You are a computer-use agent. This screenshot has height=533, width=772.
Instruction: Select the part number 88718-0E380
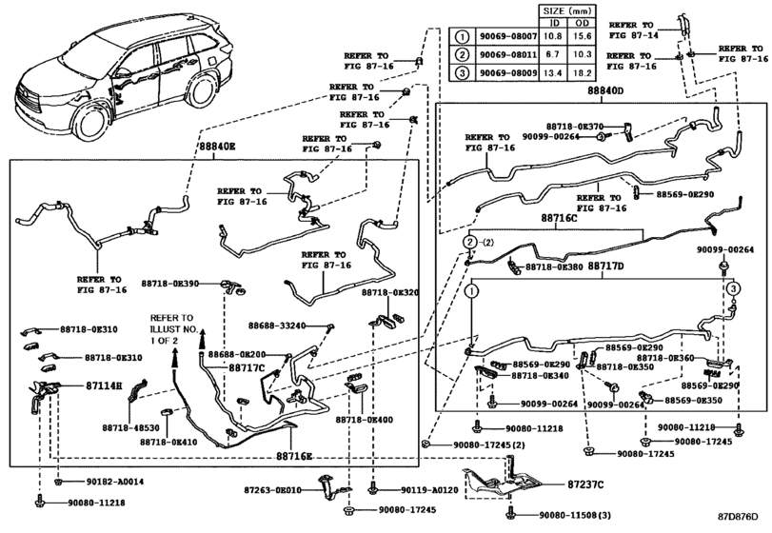(556, 268)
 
